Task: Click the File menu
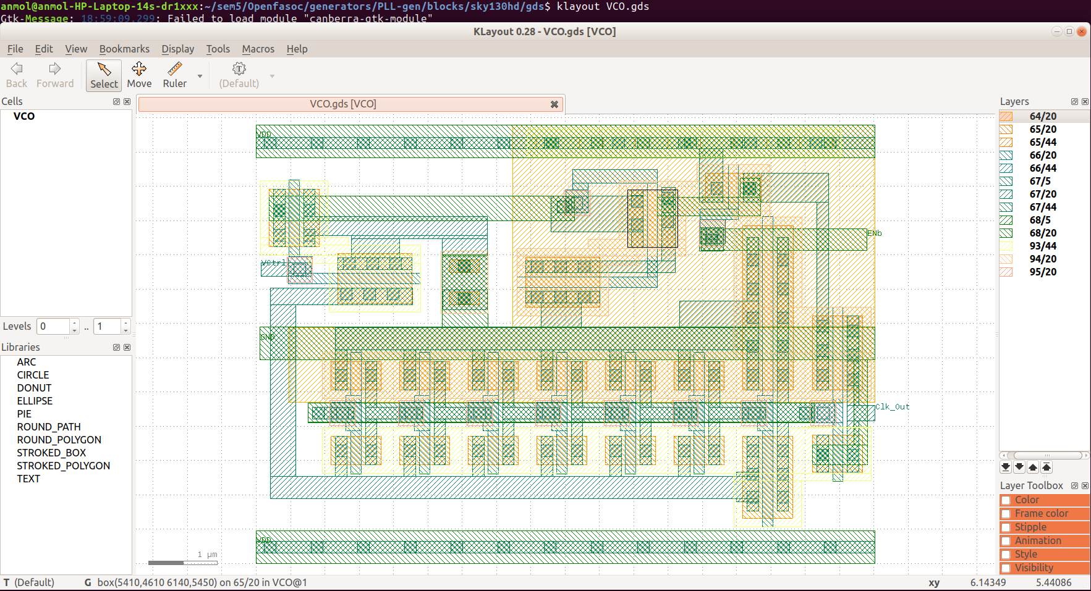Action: pos(15,49)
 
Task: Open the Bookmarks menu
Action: pos(124,49)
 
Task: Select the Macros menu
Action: pos(258,49)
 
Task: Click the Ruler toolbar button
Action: pos(174,75)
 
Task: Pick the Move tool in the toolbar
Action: pos(139,75)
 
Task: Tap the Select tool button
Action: pos(104,75)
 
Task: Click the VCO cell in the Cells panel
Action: pos(24,116)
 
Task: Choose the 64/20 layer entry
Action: pos(1042,116)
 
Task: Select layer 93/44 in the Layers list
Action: pos(1042,246)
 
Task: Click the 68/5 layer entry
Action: pos(1040,220)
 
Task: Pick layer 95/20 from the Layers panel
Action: pos(1042,272)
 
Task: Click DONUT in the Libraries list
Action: pos(34,388)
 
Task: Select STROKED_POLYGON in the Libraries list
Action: pos(63,466)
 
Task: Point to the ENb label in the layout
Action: pos(875,233)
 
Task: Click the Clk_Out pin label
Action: pos(893,407)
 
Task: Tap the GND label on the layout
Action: pos(267,337)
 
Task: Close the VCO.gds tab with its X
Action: pos(554,104)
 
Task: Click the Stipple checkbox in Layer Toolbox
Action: pos(1006,527)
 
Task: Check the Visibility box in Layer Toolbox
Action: pos(1006,568)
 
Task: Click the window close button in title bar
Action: pos(1081,31)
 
